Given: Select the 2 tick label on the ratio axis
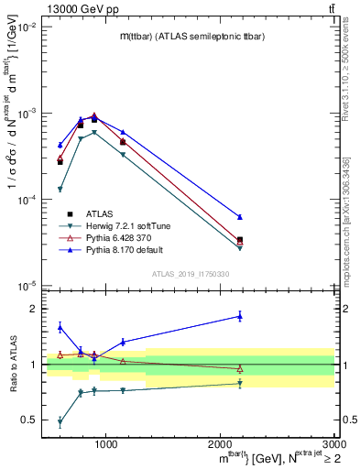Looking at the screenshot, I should coord(35,309).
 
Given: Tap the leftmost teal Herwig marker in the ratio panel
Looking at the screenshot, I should coord(60,422).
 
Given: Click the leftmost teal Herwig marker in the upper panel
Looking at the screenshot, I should coord(60,190).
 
